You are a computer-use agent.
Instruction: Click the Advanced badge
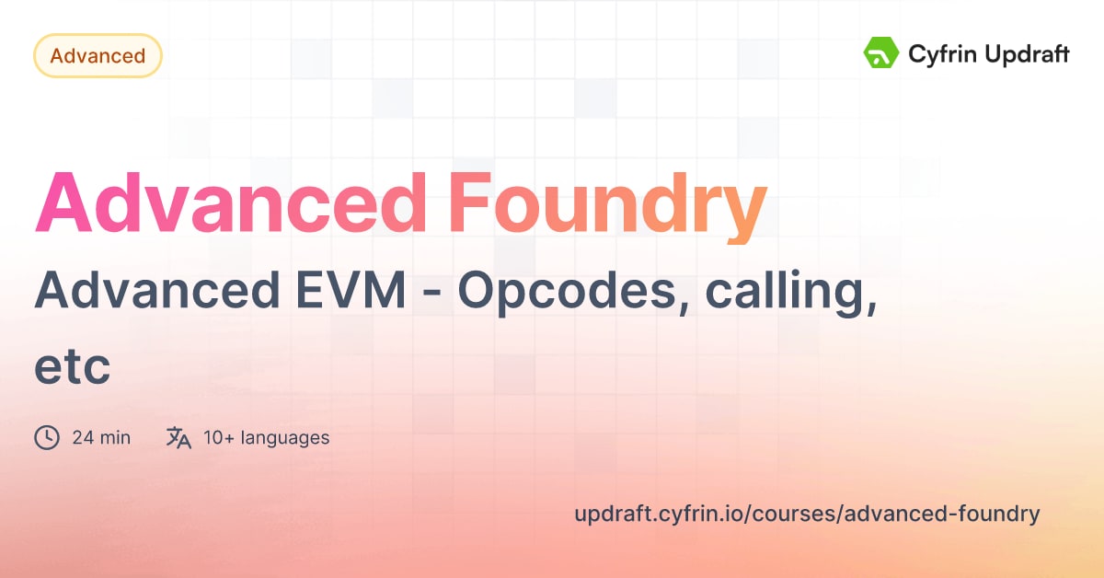click(x=98, y=55)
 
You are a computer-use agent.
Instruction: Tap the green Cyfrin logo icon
click(x=881, y=53)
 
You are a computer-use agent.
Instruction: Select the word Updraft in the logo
click(x=1024, y=54)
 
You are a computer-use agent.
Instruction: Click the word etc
click(x=72, y=367)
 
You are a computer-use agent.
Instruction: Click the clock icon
click(x=47, y=437)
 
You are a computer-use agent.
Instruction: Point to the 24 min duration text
click(x=101, y=437)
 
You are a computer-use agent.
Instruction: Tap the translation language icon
click(x=178, y=437)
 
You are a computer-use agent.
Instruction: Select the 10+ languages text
click(x=267, y=437)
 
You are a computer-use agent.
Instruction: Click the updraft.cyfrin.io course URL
click(x=807, y=514)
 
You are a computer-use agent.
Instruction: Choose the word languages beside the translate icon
click(x=285, y=437)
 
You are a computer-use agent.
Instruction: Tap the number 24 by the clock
click(x=83, y=437)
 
